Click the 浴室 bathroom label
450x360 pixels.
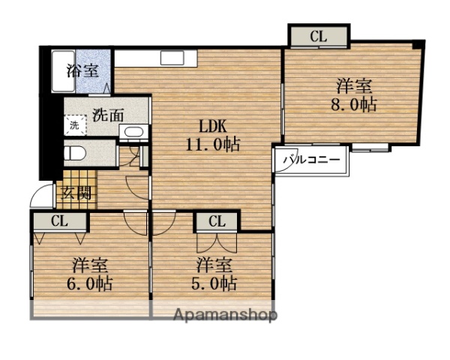click(82, 72)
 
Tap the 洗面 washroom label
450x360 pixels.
click(108, 116)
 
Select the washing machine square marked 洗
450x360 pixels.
click(74, 125)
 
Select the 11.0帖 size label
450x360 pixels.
click(212, 145)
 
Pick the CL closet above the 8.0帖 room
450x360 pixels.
click(319, 35)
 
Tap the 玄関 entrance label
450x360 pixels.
click(75, 193)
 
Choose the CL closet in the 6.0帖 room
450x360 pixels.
click(59, 220)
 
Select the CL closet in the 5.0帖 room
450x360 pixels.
click(217, 221)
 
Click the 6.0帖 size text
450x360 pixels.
click(92, 284)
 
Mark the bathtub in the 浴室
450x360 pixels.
click(59, 73)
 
